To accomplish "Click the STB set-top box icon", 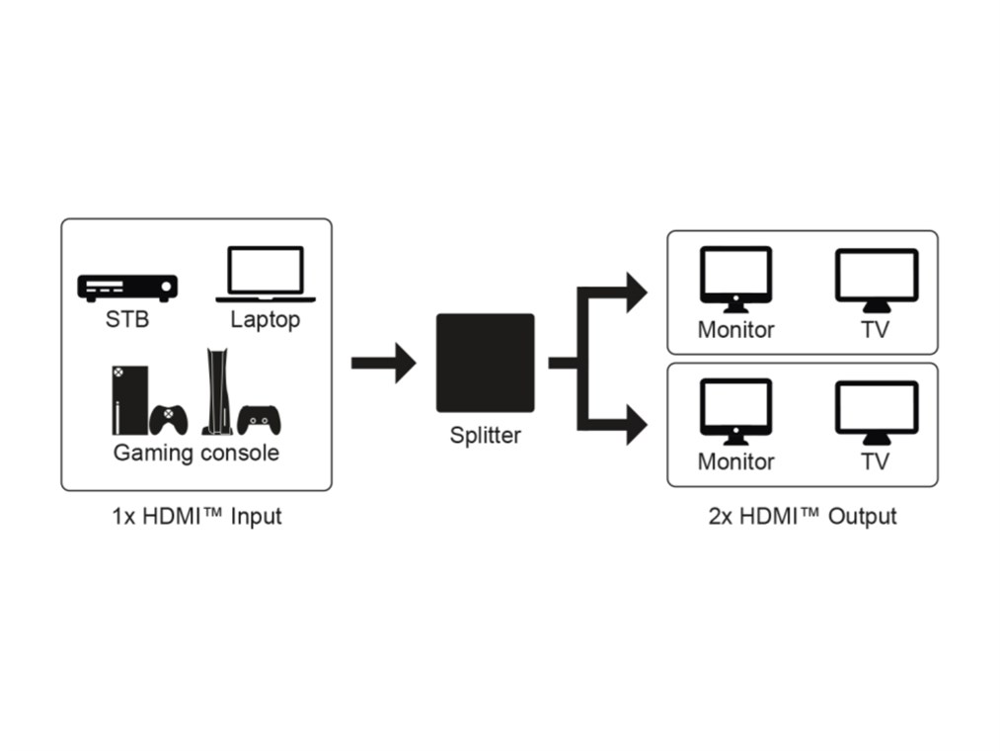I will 127,287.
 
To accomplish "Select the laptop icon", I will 266,274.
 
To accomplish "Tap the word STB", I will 127,320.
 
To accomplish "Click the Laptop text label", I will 265,320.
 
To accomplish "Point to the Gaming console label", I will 195,454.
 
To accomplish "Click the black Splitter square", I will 485,363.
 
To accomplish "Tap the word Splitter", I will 485,435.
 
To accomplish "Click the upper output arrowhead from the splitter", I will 634,292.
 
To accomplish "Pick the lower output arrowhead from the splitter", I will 634,427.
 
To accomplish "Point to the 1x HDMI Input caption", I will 195,517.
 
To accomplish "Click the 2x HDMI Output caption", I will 803,517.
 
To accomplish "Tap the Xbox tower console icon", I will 122,399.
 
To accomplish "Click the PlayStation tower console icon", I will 215,392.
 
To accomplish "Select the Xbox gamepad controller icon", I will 170,420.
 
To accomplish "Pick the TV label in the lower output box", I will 875,462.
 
